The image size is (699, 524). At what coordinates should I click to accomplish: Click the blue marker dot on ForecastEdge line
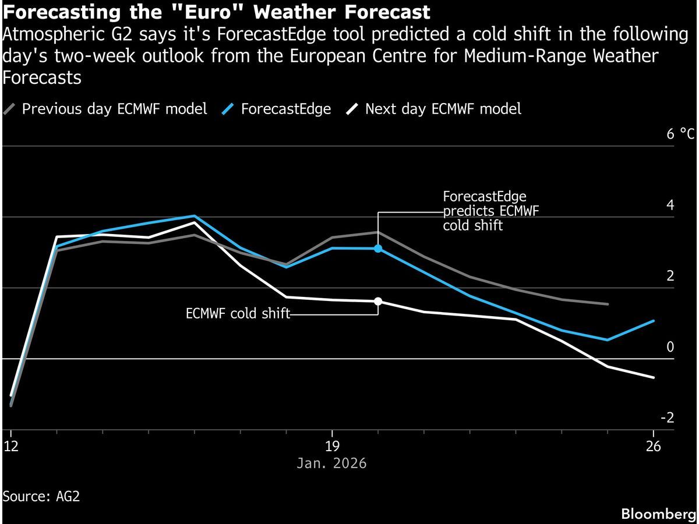click(x=378, y=249)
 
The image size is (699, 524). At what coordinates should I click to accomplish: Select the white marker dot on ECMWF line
click(x=378, y=301)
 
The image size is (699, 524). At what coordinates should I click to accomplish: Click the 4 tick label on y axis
click(x=670, y=206)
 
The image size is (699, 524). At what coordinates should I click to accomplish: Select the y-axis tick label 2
click(x=670, y=276)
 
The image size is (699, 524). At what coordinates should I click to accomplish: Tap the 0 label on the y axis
click(x=670, y=348)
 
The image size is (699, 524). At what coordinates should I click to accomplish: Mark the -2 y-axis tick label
click(x=667, y=418)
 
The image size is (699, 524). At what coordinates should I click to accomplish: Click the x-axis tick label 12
click(x=11, y=447)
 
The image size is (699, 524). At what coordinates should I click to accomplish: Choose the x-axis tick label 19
click(x=331, y=447)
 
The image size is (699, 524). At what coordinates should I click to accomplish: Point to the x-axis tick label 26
click(x=654, y=447)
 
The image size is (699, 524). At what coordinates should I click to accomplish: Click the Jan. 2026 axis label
click(x=331, y=463)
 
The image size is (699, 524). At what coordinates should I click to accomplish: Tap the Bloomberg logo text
click(x=658, y=514)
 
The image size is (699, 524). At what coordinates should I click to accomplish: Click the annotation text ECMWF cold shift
click(x=238, y=314)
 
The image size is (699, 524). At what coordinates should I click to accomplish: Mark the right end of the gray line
click(x=608, y=304)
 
